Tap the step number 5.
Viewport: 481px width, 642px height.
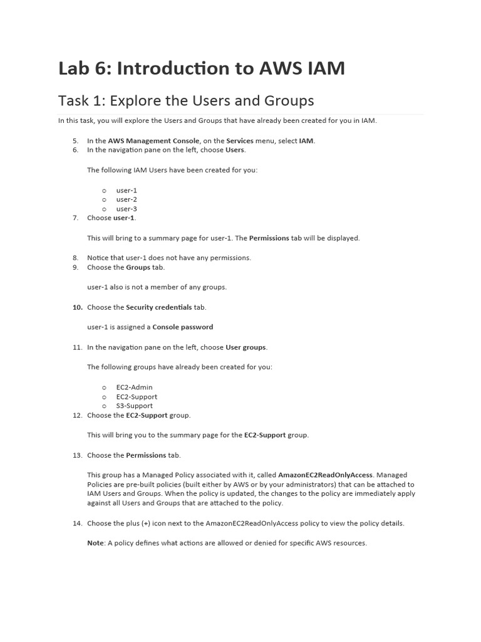pos(75,141)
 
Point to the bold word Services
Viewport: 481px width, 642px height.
pos(240,141)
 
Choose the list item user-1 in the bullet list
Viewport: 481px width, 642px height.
pos(127,190)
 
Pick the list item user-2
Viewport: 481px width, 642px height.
pos(127,199)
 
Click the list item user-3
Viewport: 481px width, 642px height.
pos(127,209)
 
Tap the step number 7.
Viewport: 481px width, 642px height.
pos(75,218)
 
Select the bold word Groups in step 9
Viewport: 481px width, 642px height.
pos(138,267)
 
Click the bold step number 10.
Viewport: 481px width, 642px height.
pos(77,307)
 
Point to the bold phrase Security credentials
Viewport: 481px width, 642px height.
pos(158,307)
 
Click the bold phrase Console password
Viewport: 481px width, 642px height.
pos(183,327)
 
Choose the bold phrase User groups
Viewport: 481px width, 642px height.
pos(246,347)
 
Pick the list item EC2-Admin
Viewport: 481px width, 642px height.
pos(134,387)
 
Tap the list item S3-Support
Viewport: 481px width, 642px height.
pos(134,406)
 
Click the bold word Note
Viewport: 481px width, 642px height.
pos(95,543)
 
